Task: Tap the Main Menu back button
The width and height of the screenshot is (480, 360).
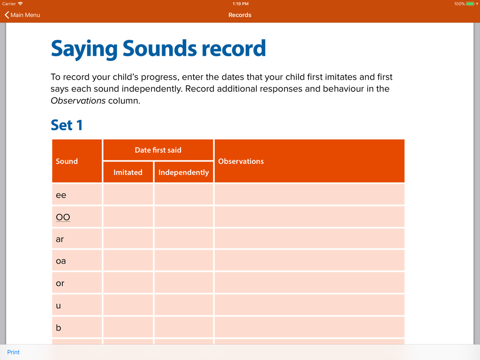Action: coord(22,15)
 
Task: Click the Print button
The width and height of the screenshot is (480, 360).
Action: coord(13,352)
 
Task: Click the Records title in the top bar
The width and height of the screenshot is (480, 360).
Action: coord(240,15)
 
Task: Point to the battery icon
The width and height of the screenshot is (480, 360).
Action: coord(471,4)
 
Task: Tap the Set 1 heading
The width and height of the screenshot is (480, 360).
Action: coord(67,125)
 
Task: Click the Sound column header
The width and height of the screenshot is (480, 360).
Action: coord(67,161)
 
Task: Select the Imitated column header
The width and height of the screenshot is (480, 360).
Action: coord(128,172)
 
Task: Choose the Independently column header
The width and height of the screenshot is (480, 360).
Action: coord(184,172)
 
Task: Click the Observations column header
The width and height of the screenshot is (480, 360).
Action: coord(241,161)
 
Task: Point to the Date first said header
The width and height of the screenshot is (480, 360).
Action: coord(158,150)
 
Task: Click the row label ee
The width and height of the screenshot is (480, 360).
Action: coord(61,195)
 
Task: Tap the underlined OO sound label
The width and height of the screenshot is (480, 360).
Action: coord(63,217)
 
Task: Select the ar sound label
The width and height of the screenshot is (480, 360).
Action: coord(60,239)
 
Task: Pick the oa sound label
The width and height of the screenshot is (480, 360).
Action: coord(61,261)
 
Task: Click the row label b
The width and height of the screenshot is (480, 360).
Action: coord(59,328)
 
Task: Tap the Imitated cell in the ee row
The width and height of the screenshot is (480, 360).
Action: coord(128,195)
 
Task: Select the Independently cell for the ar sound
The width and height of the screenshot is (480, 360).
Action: coord(184,239)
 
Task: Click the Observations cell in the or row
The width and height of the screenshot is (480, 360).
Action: coord(309,283)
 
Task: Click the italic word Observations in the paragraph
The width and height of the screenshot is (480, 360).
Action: coord(78,101)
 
